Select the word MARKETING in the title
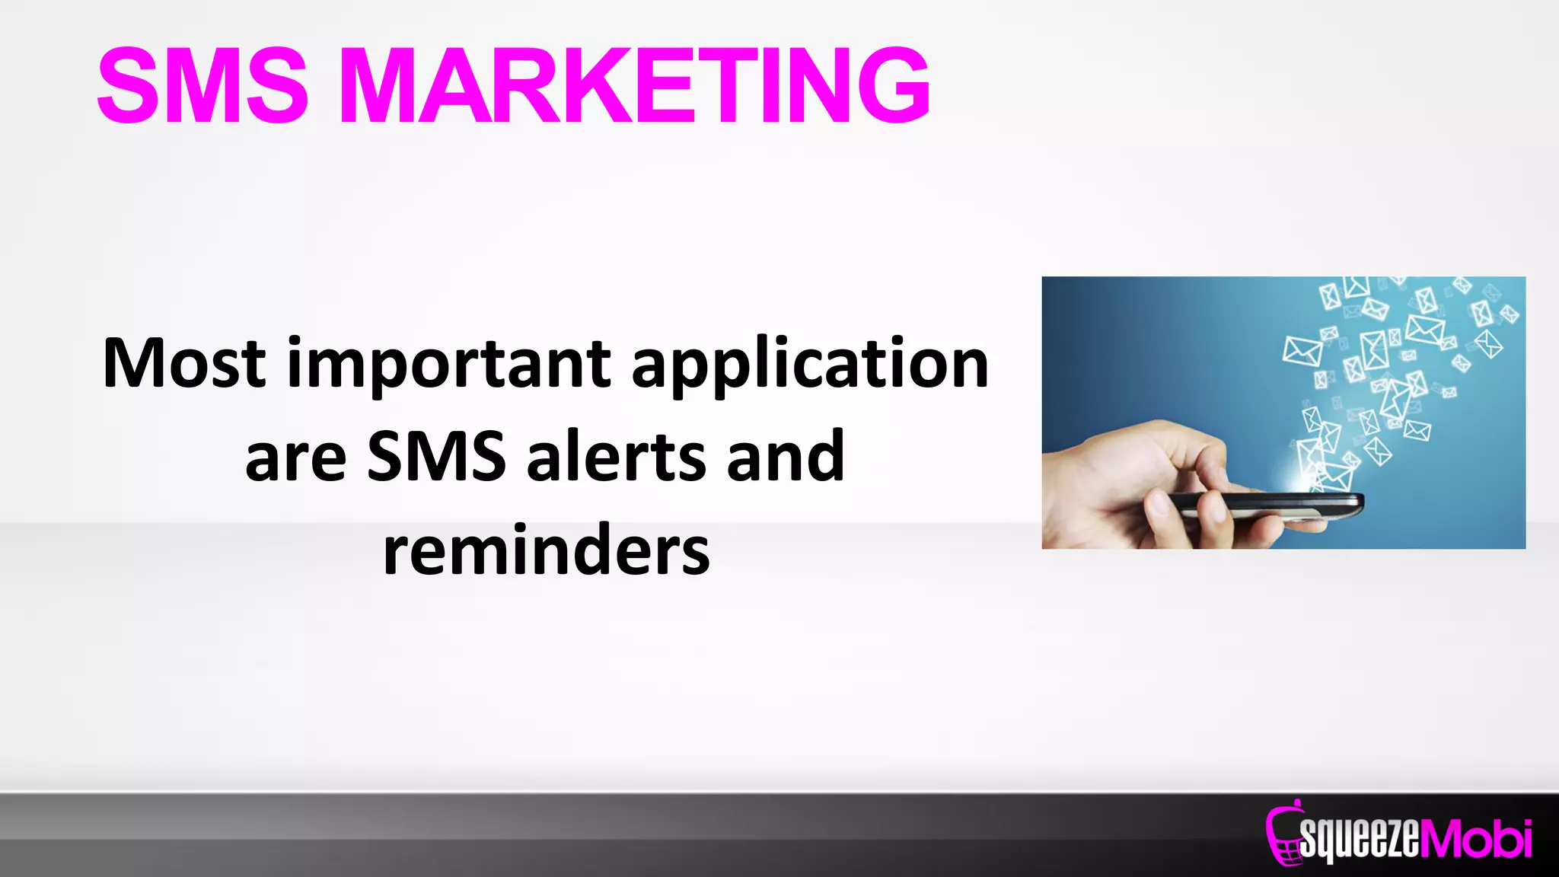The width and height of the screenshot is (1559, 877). point(633,85)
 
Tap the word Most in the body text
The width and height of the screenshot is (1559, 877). point(184,364)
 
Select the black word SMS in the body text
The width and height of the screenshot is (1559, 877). point(436,457)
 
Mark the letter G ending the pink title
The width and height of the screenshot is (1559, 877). point(893,85)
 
